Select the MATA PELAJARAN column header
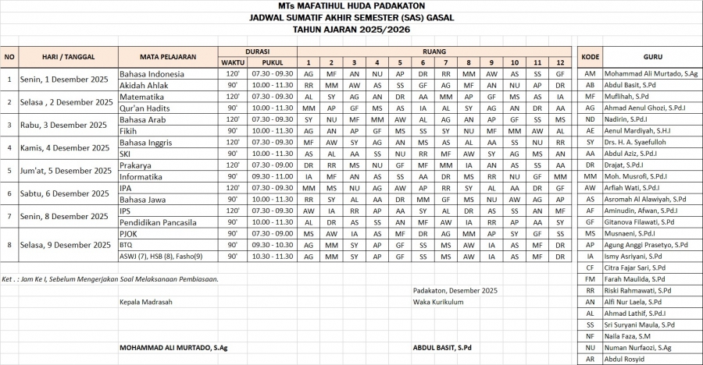point(167,56)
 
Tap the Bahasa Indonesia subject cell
point(152,73)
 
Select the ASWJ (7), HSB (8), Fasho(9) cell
point(161,257)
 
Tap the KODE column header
point(591,56)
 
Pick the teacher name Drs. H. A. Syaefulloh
point(637,142)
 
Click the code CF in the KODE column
point(591,268)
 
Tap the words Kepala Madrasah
point(146,302)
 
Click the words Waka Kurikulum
point(438,302)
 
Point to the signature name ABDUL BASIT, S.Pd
point(443,348)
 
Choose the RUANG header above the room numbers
point(434,50)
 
